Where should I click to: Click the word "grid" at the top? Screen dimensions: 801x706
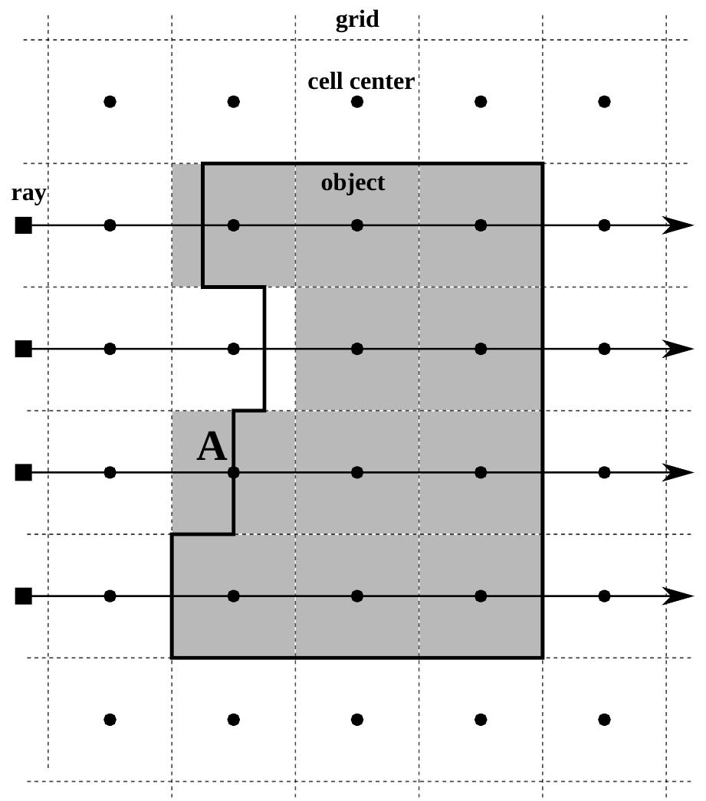coord(357,19)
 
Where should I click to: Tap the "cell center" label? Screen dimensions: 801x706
coord(361,81)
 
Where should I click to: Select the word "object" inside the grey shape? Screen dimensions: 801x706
coord(353,183)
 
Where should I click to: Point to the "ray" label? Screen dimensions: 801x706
coord(28,193)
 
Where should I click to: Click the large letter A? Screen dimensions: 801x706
coord(212,447)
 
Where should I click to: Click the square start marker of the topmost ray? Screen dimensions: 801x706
coord(24,225)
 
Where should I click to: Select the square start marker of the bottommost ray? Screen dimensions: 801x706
coord(24,596)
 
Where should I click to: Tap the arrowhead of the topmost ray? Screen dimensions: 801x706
coord(678,225)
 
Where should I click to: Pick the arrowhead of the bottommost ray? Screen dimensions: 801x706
coord(678,596)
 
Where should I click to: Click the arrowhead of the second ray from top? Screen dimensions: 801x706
coord(678,349)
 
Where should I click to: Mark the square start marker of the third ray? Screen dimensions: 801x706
coord(24,472)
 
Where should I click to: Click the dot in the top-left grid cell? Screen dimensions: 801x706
coord(110,101)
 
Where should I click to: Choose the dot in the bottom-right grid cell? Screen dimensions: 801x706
coord(604,719)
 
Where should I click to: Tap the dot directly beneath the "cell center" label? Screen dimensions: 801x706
coord(357,101)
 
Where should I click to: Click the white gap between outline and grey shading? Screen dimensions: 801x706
coord(281,349)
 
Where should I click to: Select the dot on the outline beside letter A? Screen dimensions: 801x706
coord(234,472)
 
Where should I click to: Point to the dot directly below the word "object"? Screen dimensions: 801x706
coord(357,225)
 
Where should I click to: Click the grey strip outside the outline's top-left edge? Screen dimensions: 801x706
coord(186,225)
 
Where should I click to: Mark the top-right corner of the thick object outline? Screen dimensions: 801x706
coord(543,163)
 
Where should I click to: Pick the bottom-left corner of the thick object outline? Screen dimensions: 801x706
coord(172,657)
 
